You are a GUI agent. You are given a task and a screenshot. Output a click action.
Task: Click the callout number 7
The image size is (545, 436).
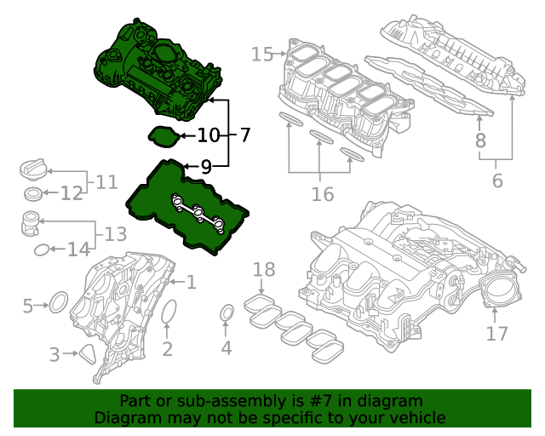244,135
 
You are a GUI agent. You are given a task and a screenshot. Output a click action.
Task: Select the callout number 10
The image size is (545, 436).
209,135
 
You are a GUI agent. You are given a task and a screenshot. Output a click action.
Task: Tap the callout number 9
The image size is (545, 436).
206,167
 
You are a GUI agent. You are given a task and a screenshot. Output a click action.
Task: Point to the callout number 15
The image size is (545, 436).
262,54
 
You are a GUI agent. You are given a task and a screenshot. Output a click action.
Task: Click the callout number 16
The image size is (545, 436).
322,195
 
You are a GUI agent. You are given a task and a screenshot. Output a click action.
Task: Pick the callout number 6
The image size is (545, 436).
497,181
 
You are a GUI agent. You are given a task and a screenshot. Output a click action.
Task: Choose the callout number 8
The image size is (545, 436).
480,141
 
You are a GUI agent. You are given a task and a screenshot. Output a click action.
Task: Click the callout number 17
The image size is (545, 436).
496,334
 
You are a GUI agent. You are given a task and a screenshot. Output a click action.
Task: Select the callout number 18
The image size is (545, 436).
264,270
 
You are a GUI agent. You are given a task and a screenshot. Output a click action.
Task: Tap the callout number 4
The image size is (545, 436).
226,347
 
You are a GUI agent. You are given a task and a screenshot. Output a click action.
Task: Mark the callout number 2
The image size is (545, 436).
168,348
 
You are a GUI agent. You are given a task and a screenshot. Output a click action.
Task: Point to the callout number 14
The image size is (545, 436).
78,250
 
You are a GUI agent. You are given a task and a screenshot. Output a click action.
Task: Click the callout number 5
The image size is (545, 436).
27,305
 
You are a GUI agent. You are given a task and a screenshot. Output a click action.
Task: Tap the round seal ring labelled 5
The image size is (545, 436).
58,301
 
